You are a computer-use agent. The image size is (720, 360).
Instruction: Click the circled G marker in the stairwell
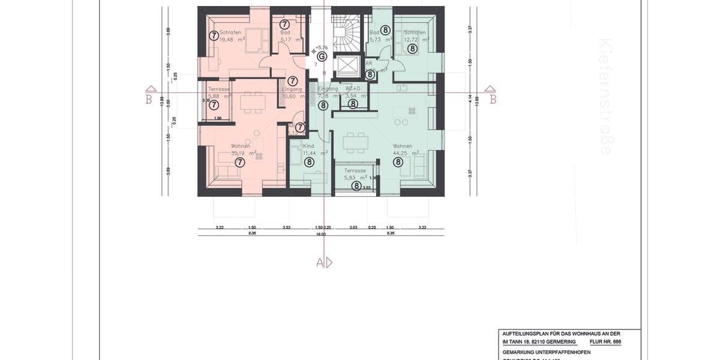click(322, 56)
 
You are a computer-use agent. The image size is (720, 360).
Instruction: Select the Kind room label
click(308, 146)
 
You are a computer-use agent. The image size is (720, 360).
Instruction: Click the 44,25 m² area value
click(401, 153)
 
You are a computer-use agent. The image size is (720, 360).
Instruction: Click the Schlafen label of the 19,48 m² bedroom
click(230, 32)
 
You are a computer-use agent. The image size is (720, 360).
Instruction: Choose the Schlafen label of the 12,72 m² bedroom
click(415, 32)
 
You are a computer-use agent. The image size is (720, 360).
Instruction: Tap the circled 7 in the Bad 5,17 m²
click(284, 24)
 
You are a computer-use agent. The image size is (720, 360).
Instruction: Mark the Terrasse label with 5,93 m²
click(355, 170)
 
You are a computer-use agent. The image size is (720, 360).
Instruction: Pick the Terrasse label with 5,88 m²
click(219, 89)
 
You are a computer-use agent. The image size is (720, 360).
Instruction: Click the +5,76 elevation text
click(322, 47)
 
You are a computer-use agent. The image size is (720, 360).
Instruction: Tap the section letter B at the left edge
click(148, 100)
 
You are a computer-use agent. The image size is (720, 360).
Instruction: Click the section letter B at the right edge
click(493, 100)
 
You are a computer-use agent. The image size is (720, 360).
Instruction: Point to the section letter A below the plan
click(320, 262)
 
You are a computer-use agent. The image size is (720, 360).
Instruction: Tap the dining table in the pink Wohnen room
click(252, 102)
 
